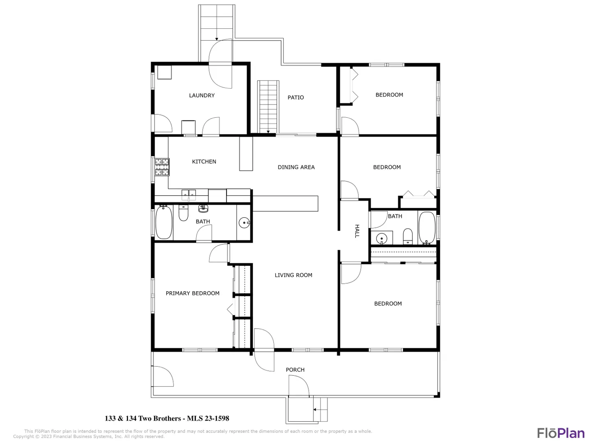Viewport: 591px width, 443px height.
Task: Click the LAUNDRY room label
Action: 202,95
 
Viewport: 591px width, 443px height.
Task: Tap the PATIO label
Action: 295,97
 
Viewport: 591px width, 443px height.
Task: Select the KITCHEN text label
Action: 204,161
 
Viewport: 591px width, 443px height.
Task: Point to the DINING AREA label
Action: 296,167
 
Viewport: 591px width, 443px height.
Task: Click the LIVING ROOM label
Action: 293,275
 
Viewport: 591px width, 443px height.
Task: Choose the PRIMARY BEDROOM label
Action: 192,293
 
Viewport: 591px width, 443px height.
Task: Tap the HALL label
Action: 357,231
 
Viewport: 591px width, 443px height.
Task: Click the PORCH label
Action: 295,370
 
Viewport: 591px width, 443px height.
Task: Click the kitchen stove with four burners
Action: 162,167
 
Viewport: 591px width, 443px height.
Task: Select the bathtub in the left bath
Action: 164,222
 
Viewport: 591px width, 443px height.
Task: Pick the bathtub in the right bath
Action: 427,228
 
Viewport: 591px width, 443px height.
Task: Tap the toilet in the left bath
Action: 183,213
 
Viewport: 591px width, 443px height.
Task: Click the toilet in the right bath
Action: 408,236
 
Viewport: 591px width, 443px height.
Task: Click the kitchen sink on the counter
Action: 188,195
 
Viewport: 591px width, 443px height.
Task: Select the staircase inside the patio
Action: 268,107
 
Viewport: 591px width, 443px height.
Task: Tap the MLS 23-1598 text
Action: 208,418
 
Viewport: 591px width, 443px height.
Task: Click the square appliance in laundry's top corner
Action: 164,72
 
